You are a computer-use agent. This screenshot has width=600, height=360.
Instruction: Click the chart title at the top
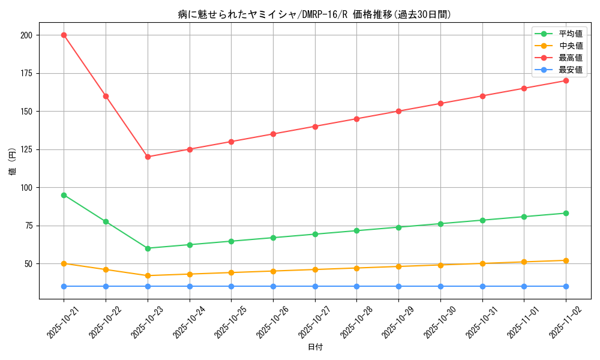[314, 14]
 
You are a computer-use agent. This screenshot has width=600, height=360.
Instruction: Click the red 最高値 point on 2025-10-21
[64, 35]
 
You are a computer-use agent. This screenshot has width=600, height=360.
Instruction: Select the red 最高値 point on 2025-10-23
[148, 157]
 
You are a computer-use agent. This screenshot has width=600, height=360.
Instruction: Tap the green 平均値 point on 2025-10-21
[64, 195]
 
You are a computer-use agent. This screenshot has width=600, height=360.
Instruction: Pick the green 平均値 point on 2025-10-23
[148, 248]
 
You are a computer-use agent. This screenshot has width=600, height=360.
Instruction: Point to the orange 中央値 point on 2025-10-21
[64, 263]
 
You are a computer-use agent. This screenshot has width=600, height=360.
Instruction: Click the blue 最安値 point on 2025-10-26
[273, 286]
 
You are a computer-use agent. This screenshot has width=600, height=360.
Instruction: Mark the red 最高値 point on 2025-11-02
[566, 80]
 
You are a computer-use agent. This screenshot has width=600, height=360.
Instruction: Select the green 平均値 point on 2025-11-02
[566, 213]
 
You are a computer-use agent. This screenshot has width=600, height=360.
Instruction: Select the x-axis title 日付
[314, 347]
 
